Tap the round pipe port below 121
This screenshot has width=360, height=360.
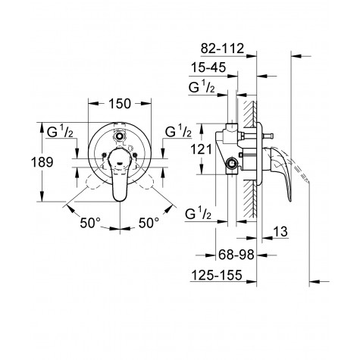coord(229,164)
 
